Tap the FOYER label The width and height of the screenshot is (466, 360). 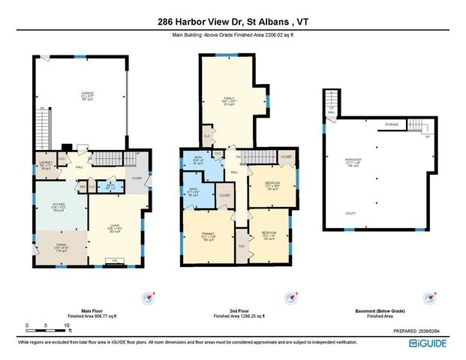(x=137, y=178)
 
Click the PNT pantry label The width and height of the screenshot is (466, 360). (x=83, y=187)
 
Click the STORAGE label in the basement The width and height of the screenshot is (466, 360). (x=391, y=124)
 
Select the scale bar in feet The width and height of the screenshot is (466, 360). (x=47, y=327)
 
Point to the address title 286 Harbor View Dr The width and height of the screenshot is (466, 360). (x=233, y=22)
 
